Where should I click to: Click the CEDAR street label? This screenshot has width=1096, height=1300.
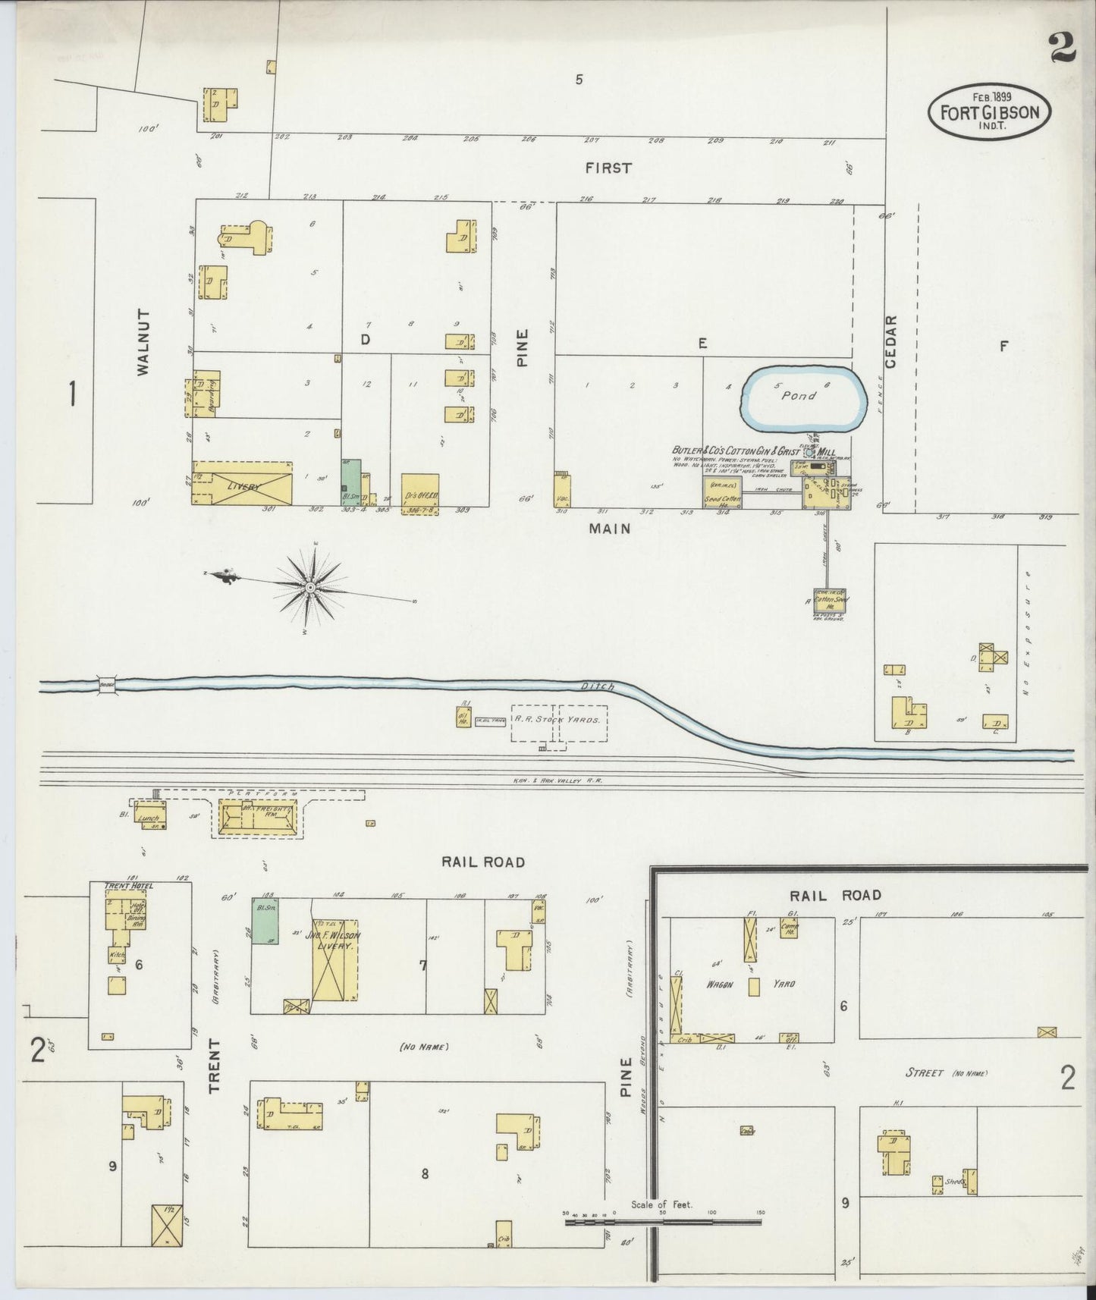tap(891, 341)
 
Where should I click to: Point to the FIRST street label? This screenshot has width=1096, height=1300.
tap(608, 168)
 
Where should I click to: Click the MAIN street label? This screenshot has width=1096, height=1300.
tap(610, 529)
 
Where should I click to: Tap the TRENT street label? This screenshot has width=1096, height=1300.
tap(215, 1065)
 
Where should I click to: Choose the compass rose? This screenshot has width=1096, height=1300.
tap(309, 587)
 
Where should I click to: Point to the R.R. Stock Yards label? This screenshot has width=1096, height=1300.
tap(558, 718)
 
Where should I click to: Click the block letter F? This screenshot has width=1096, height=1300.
tap(1003, 347)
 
